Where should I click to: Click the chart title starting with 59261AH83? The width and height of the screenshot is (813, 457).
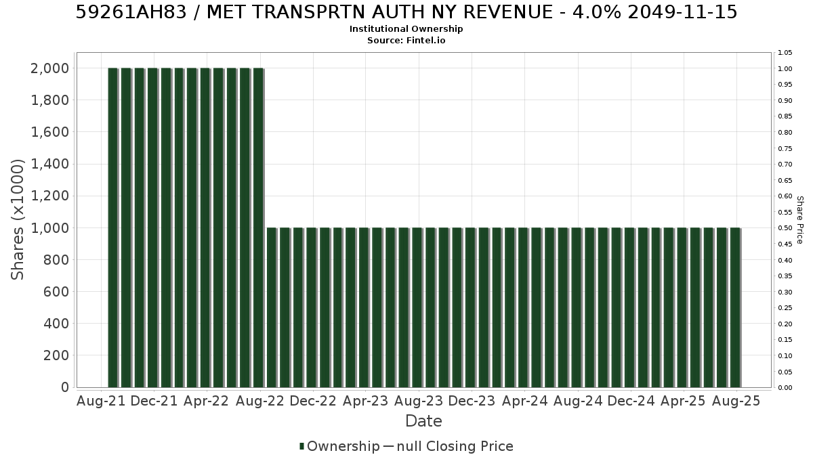point(406,12)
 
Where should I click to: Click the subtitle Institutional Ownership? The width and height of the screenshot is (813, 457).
point(406,29)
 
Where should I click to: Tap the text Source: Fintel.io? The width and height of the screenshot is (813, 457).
point(406,40)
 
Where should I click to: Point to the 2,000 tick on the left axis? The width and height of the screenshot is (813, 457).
point(49,68)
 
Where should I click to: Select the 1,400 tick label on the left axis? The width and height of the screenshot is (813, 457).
point(49,164)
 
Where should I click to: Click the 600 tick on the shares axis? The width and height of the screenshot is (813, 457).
point(56,292)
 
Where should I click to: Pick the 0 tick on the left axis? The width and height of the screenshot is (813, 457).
point(65,387)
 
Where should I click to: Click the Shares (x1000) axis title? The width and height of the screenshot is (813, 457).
point(17,220)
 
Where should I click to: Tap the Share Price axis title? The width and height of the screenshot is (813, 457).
point(799,220)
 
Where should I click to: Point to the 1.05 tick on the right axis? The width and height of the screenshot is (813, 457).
point(785,53)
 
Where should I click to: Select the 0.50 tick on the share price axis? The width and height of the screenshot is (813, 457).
point(785,228)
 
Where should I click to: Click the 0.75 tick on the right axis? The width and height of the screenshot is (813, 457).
point(785,149)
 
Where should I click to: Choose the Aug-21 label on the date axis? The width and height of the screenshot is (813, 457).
point(101,401)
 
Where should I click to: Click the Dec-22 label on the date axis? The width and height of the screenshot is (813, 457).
point(313,401)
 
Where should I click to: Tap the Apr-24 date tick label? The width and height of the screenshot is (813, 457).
point(525,401)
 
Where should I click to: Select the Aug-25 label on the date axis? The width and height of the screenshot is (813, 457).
point(736,401)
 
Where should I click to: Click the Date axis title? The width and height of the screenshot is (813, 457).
point(423,421)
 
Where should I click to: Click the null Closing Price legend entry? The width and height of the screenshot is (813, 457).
point(449,446)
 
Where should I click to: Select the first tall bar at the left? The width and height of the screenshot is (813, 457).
point(113,227)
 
